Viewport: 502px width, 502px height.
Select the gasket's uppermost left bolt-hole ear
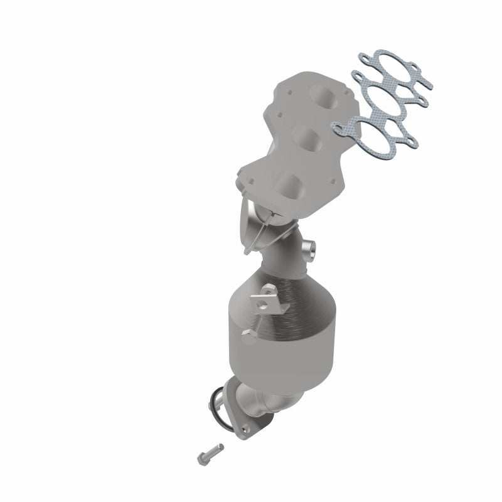(x=363, y=57)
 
